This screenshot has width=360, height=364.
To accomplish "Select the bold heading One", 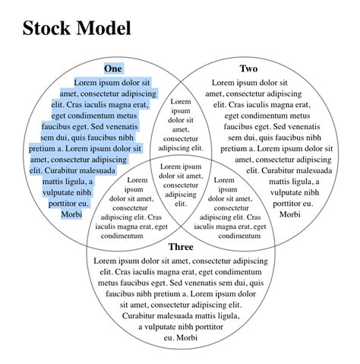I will click(112, 68).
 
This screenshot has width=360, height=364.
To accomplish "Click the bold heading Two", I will click(248, 68).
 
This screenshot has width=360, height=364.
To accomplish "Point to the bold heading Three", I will click(181, 247).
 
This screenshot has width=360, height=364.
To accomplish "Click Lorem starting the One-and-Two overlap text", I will click(181, 101).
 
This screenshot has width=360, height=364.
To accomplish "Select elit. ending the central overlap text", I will click(181, 203).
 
